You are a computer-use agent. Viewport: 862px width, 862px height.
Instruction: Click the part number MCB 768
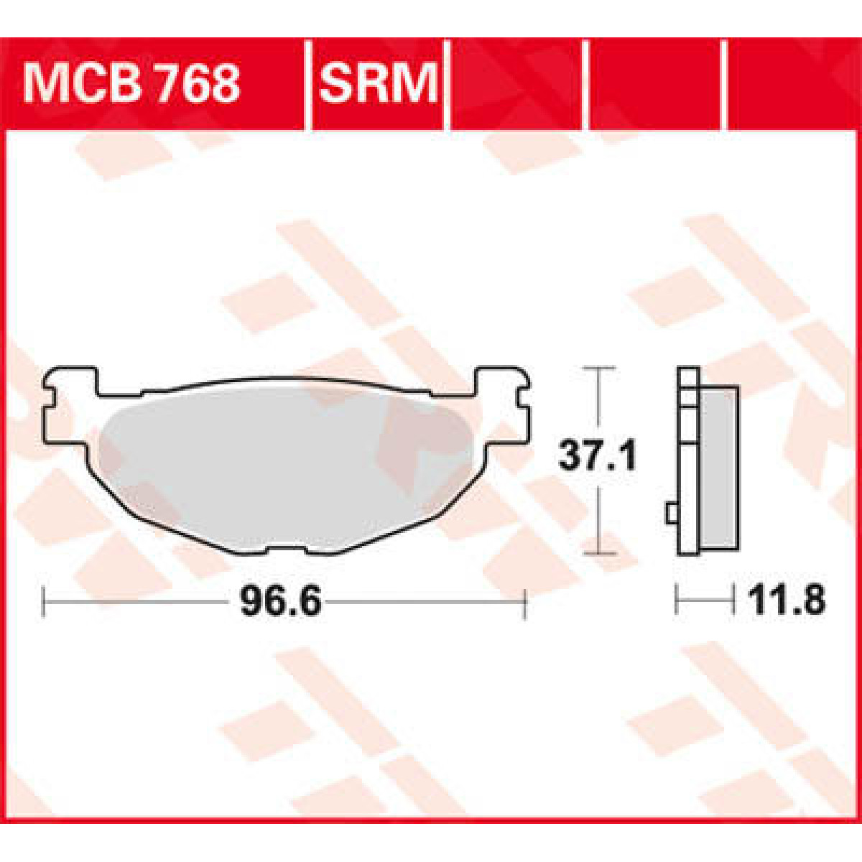pyautogui.click(x=131, y=84)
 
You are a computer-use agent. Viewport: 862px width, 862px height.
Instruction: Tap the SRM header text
pyautogui.click(x=378, y=84)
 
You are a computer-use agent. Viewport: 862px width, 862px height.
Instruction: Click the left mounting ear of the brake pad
pyautogui.click(x=68, y=402)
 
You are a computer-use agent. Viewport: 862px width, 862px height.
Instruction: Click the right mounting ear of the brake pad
pyautogui.click(x=503, y=402)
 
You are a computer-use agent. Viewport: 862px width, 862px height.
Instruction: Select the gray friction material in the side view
pyautogui.click(x=718, y=467)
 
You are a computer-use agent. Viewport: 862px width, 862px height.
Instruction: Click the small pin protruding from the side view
pyautogui.click(x=671, y=513)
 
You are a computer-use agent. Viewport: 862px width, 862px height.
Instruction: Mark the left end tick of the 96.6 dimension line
pyautogui.click(x=45, y=602)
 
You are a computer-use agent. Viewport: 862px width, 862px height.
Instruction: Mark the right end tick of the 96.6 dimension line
pyautogui.click(x=526, y=602)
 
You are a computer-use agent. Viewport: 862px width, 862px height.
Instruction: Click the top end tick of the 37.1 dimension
pyautogui.click(x=598, y=368)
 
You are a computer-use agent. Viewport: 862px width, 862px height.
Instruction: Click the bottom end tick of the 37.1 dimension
pyautogui.click(x=598, y=554)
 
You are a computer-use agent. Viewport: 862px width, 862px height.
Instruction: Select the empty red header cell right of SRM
pyautogui.click(x=517, y=84)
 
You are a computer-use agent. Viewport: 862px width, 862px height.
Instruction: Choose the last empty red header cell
pyautogui.click(x=790, y=84)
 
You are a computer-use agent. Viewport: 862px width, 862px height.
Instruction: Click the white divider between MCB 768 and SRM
pyautogui.click(x=308, y=84)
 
